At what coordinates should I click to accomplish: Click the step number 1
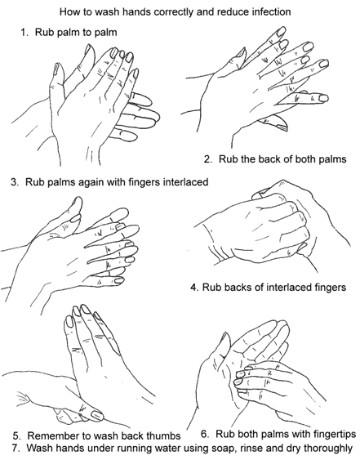(24, 32)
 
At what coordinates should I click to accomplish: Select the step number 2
(207, 159)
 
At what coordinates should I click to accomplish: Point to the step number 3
(14, 182)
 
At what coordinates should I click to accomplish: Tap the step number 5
(16, 436)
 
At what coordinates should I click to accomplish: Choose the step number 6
(205, 434)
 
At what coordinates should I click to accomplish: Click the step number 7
(16, 448)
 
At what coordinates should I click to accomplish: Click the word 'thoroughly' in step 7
(327, 449)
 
